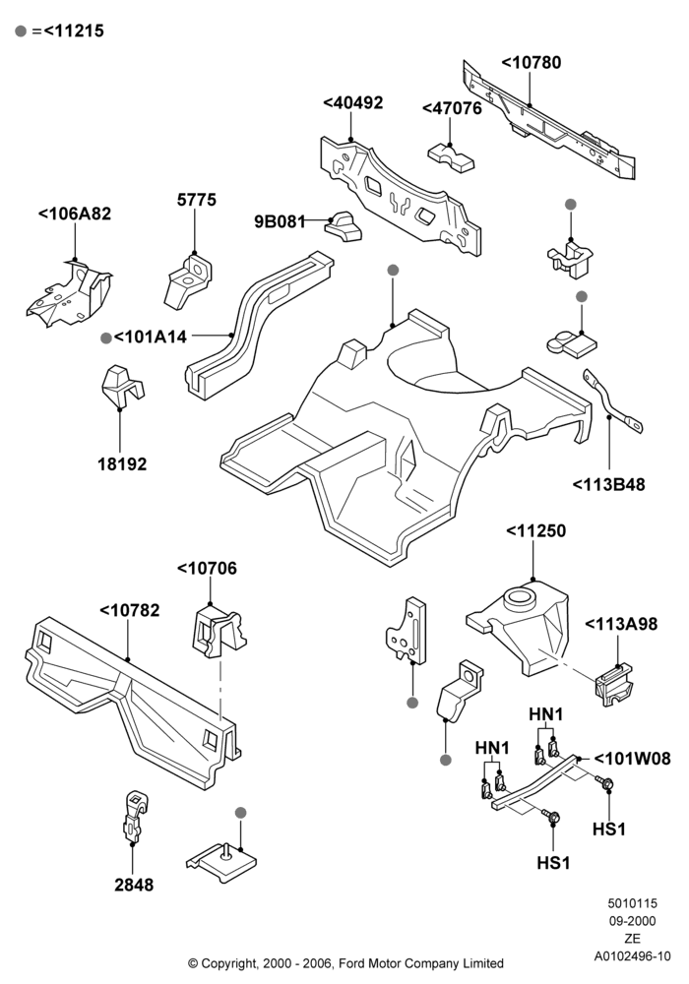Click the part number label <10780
(531, 63)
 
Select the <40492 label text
(352, 103)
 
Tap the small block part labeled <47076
(452, 157)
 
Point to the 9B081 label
(280, 221)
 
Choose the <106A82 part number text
(75, 214)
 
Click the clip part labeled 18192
(122, 384)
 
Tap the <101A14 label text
(150, 338)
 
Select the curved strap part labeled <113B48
(613, 402)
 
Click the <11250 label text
(535, 531)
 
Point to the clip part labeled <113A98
(612, 684)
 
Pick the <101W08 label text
(632, 760)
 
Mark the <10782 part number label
(130, 611)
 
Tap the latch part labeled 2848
(135, 815)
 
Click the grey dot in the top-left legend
(21, 31)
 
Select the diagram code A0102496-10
(633, 956)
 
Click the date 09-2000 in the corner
(633, 921)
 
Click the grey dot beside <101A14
(106, 338)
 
